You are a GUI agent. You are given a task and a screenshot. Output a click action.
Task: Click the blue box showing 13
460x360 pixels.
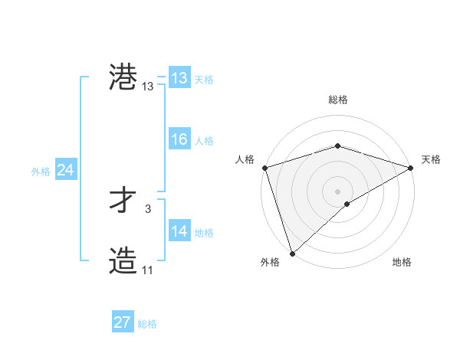(x=179, y=78)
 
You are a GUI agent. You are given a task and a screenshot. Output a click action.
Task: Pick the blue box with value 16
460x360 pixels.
(x=179, y=139)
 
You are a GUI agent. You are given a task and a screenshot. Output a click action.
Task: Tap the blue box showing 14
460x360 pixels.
(x=179, y=231)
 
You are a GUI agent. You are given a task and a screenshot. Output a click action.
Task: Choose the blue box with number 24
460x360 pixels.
(x=66, y=170)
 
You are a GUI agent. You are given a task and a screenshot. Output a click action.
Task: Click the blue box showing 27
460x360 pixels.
(x=123, y=322)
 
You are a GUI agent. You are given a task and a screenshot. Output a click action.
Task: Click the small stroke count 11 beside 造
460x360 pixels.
(x=147, y=270)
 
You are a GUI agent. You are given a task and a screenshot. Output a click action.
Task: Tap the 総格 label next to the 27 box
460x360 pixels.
(x=148, y=324)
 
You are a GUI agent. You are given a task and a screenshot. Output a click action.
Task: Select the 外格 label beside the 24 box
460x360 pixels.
(x=41, y=172)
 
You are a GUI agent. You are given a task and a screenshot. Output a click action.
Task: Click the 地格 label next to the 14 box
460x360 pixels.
(x=204, y=233)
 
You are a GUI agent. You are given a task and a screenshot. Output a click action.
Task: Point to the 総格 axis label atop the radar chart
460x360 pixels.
(x=338, y=100)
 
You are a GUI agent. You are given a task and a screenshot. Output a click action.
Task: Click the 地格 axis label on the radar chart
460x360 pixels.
(x=402, y=262)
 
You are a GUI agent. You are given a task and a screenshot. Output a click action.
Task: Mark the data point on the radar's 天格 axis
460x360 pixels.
(x=411, y=168)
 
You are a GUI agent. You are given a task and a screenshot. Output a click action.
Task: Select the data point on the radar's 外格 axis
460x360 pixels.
(x=292, y=254)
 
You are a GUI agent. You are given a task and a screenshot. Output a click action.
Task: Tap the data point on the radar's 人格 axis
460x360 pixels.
(x=264, y=168)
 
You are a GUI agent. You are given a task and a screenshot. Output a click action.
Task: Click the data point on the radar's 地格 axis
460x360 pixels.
(x=347, y=204)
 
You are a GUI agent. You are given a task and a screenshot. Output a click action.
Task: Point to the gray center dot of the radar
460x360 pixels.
(x=337, y=191)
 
